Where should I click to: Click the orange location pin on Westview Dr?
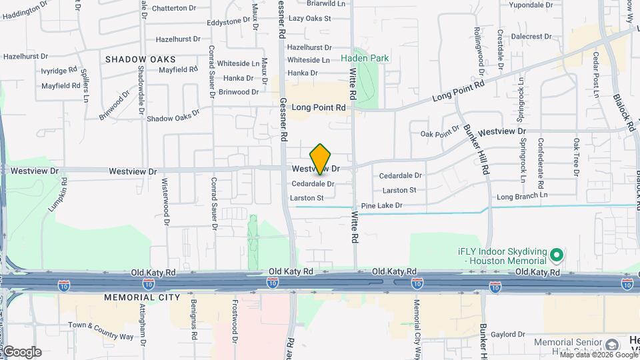coord(321,159)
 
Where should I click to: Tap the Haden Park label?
coord(365,58)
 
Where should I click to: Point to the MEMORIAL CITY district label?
coord(138,297)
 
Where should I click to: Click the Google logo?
coord(21,351)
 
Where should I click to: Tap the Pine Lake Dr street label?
coord(381,206)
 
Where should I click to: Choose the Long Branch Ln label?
coord(522,196)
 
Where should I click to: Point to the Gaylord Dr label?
coord(508,334)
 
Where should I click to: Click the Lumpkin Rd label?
coord(58,194)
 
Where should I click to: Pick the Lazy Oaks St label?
coord(310,18)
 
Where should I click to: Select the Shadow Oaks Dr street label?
coord(173,117)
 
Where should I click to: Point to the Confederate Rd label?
coord(541,161)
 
